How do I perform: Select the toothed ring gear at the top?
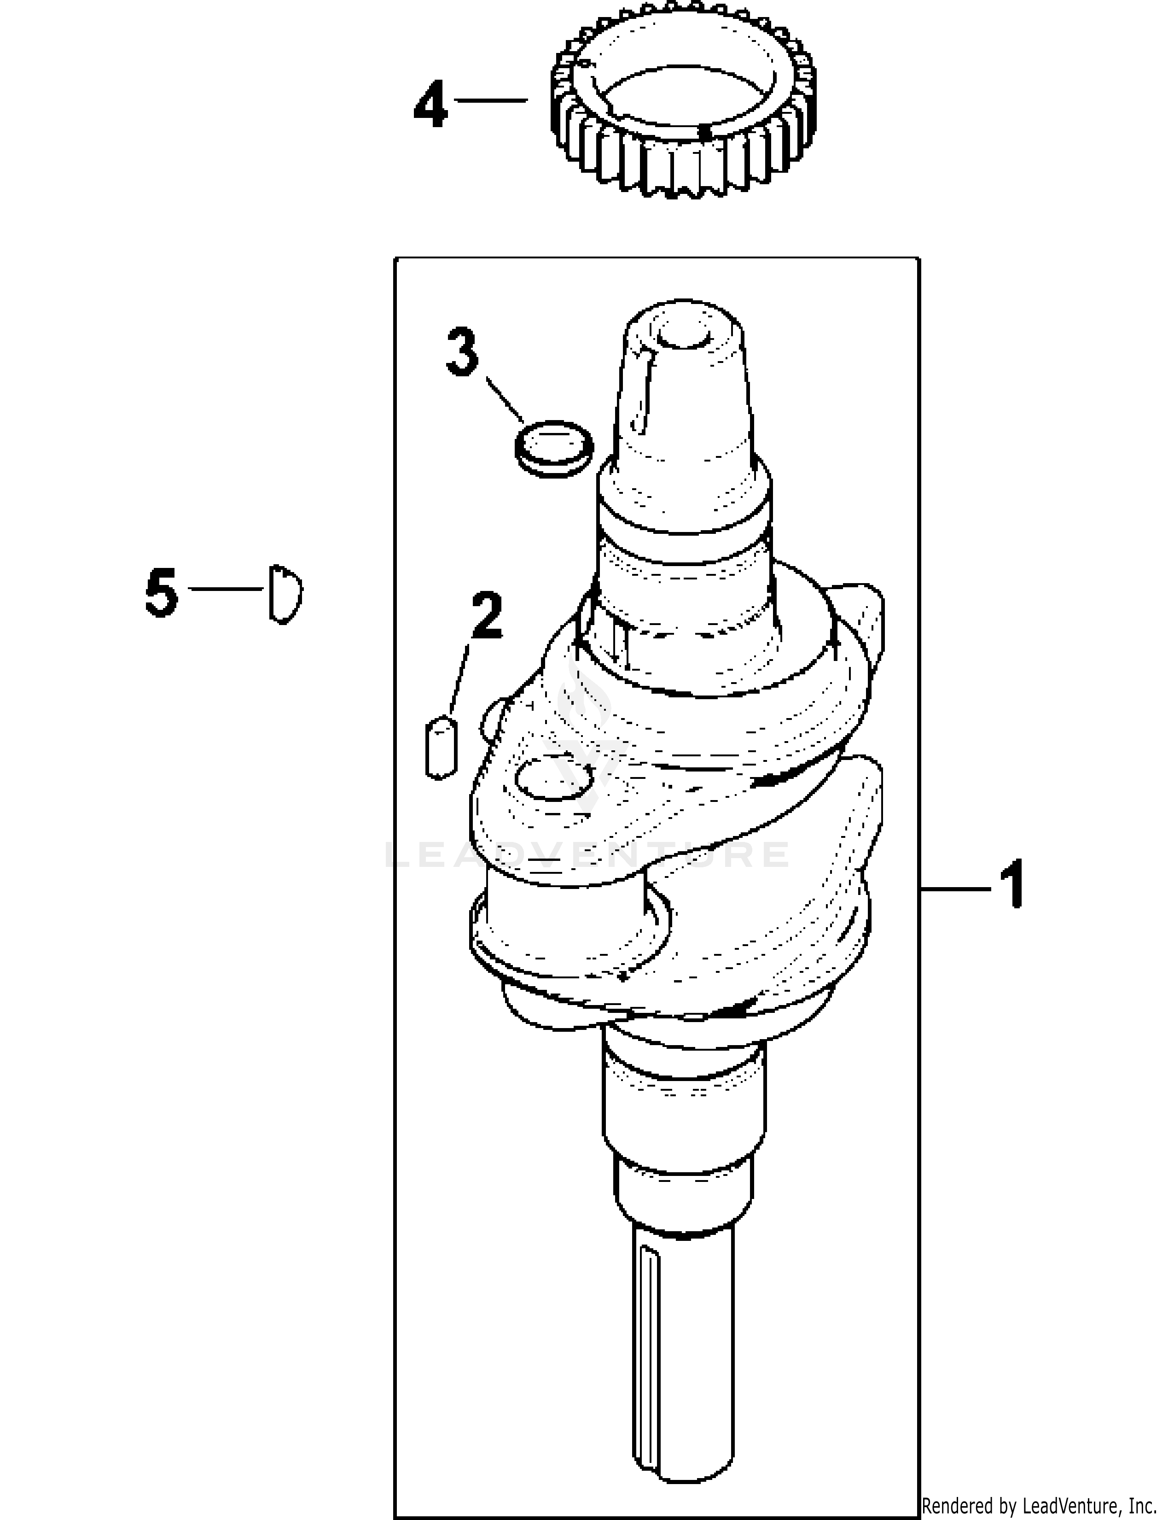click(684, 98)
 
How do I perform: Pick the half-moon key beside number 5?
click(285, 592)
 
